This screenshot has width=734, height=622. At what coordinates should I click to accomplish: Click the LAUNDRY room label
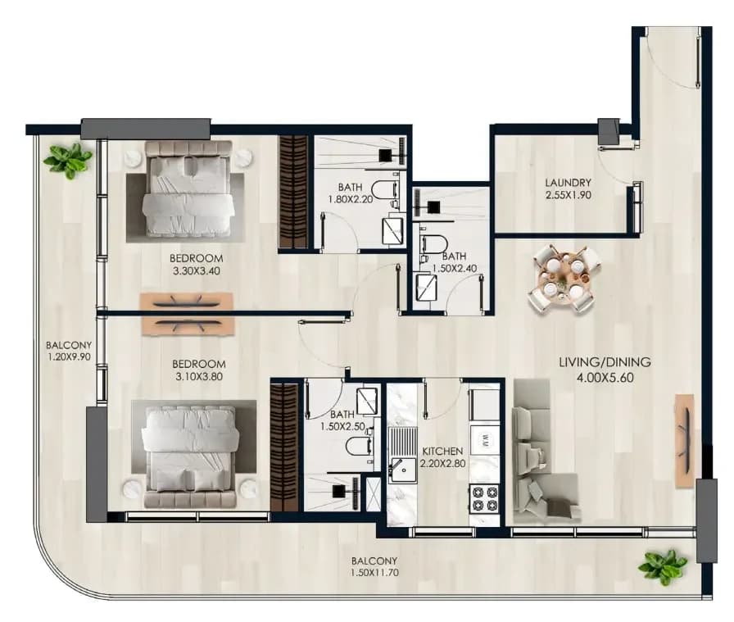point(568,183)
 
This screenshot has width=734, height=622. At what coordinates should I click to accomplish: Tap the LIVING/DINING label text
point(605,362)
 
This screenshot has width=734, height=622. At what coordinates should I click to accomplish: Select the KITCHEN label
point(442,452)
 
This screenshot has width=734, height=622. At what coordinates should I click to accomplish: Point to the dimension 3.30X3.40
point(196,270)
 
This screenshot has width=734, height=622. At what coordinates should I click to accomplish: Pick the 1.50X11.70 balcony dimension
point(374,572)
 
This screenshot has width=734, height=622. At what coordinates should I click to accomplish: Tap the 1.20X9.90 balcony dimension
point(68,357)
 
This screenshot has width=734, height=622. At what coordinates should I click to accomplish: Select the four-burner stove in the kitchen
point(484,499)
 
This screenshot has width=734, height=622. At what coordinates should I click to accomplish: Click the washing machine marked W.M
point(484,440)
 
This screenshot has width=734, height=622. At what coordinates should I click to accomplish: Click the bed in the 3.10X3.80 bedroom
point(190,457)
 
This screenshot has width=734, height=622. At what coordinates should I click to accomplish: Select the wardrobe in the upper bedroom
point(293,192)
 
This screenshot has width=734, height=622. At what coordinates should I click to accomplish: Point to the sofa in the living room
point(543,452)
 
